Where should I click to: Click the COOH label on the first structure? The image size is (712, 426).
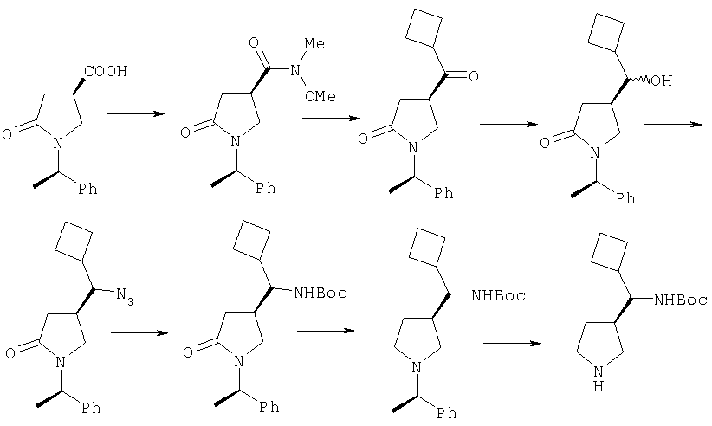(x=106, y=71)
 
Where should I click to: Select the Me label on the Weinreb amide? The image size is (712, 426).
(x=314, y=43)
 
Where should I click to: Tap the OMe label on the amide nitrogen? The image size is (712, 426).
(x=320, y=96)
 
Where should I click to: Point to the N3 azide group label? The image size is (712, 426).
(x=125, y=296)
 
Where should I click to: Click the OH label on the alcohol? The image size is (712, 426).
(x=661, y=81)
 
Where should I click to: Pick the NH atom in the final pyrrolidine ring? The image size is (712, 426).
(x=599, y=378)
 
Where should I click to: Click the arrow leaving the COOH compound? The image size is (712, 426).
(x=135, y=113)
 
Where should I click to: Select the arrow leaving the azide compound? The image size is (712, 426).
(x=139, y=333)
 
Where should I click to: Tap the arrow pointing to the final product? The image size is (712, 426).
(x=512, y=343)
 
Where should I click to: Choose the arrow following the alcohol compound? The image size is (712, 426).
(x=673, y=124)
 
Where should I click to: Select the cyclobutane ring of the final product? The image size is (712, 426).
(x=610, y=252)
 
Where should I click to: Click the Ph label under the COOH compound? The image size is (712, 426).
(x=87, y=189)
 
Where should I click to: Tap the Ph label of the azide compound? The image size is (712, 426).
(x=91, y=408)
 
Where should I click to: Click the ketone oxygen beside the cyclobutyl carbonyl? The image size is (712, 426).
(x=473, y=76)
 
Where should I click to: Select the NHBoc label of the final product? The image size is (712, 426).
(x=680, y=300)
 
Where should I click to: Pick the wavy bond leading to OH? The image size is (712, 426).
(x=639, y=81)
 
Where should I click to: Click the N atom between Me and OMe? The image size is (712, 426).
(x=295, y=70)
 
